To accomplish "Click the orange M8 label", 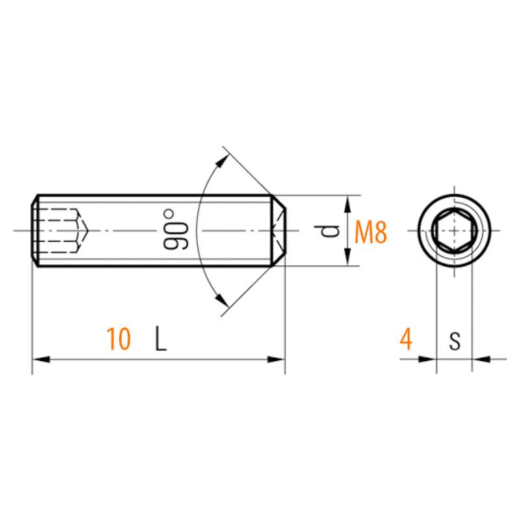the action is coord(370,233).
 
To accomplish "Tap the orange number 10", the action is coord(118,339).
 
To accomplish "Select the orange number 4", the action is coord(406,339).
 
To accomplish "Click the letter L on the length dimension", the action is coord(161,339).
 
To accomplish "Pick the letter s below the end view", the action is coord(455,341).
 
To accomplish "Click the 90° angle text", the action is coord(175,229).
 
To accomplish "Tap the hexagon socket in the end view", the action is coord(454,231).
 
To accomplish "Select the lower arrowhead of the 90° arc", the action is coord(221,300).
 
